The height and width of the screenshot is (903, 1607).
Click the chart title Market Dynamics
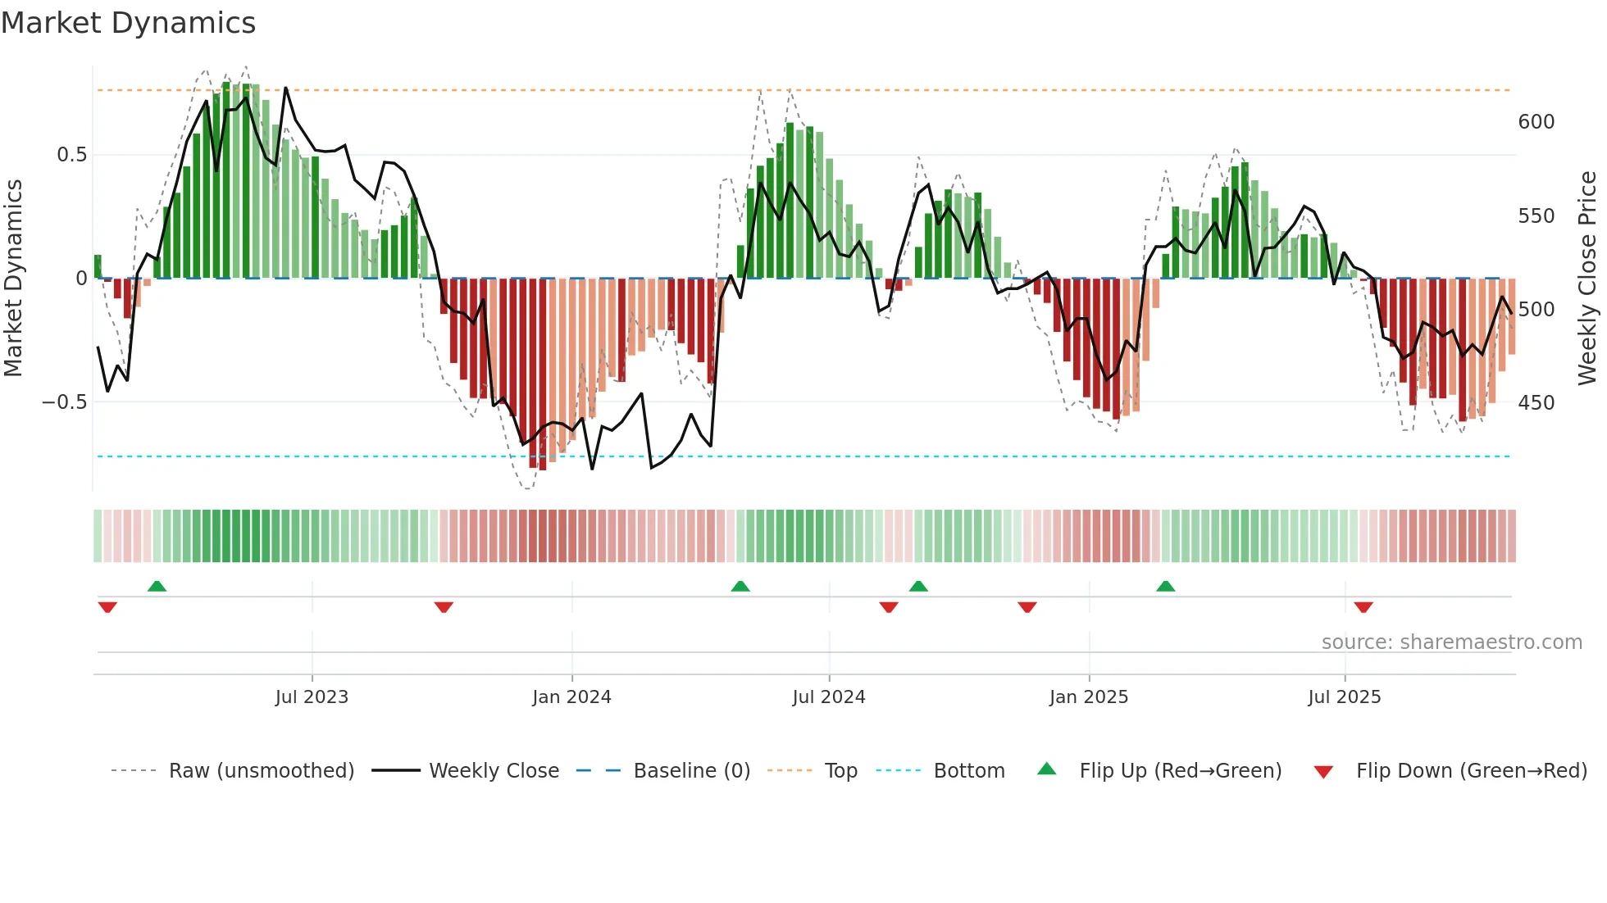point(128,23)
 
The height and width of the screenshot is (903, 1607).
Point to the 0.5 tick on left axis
point(71,155)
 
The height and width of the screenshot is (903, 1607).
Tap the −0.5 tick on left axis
point(64,402)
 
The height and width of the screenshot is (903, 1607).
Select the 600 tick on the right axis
point(1536,122)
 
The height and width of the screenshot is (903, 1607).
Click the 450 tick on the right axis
point(1536,403)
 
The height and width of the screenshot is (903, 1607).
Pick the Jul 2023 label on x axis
point(312,697)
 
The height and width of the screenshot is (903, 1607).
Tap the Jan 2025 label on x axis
point(1088,697)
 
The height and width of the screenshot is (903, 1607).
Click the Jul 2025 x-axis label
point(1344,697)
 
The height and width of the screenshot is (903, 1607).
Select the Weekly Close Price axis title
point(1587,279)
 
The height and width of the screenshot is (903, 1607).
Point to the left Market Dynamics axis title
point(13,279)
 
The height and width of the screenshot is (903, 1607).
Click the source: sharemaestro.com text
point(1451,642)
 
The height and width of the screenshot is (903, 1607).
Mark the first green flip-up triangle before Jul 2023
point(157,586)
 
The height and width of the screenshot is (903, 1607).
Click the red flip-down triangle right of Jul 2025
point(1363,607)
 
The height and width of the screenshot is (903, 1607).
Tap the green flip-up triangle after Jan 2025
point(1165,586)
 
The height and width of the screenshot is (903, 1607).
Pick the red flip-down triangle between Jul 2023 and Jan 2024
point(444,607)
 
